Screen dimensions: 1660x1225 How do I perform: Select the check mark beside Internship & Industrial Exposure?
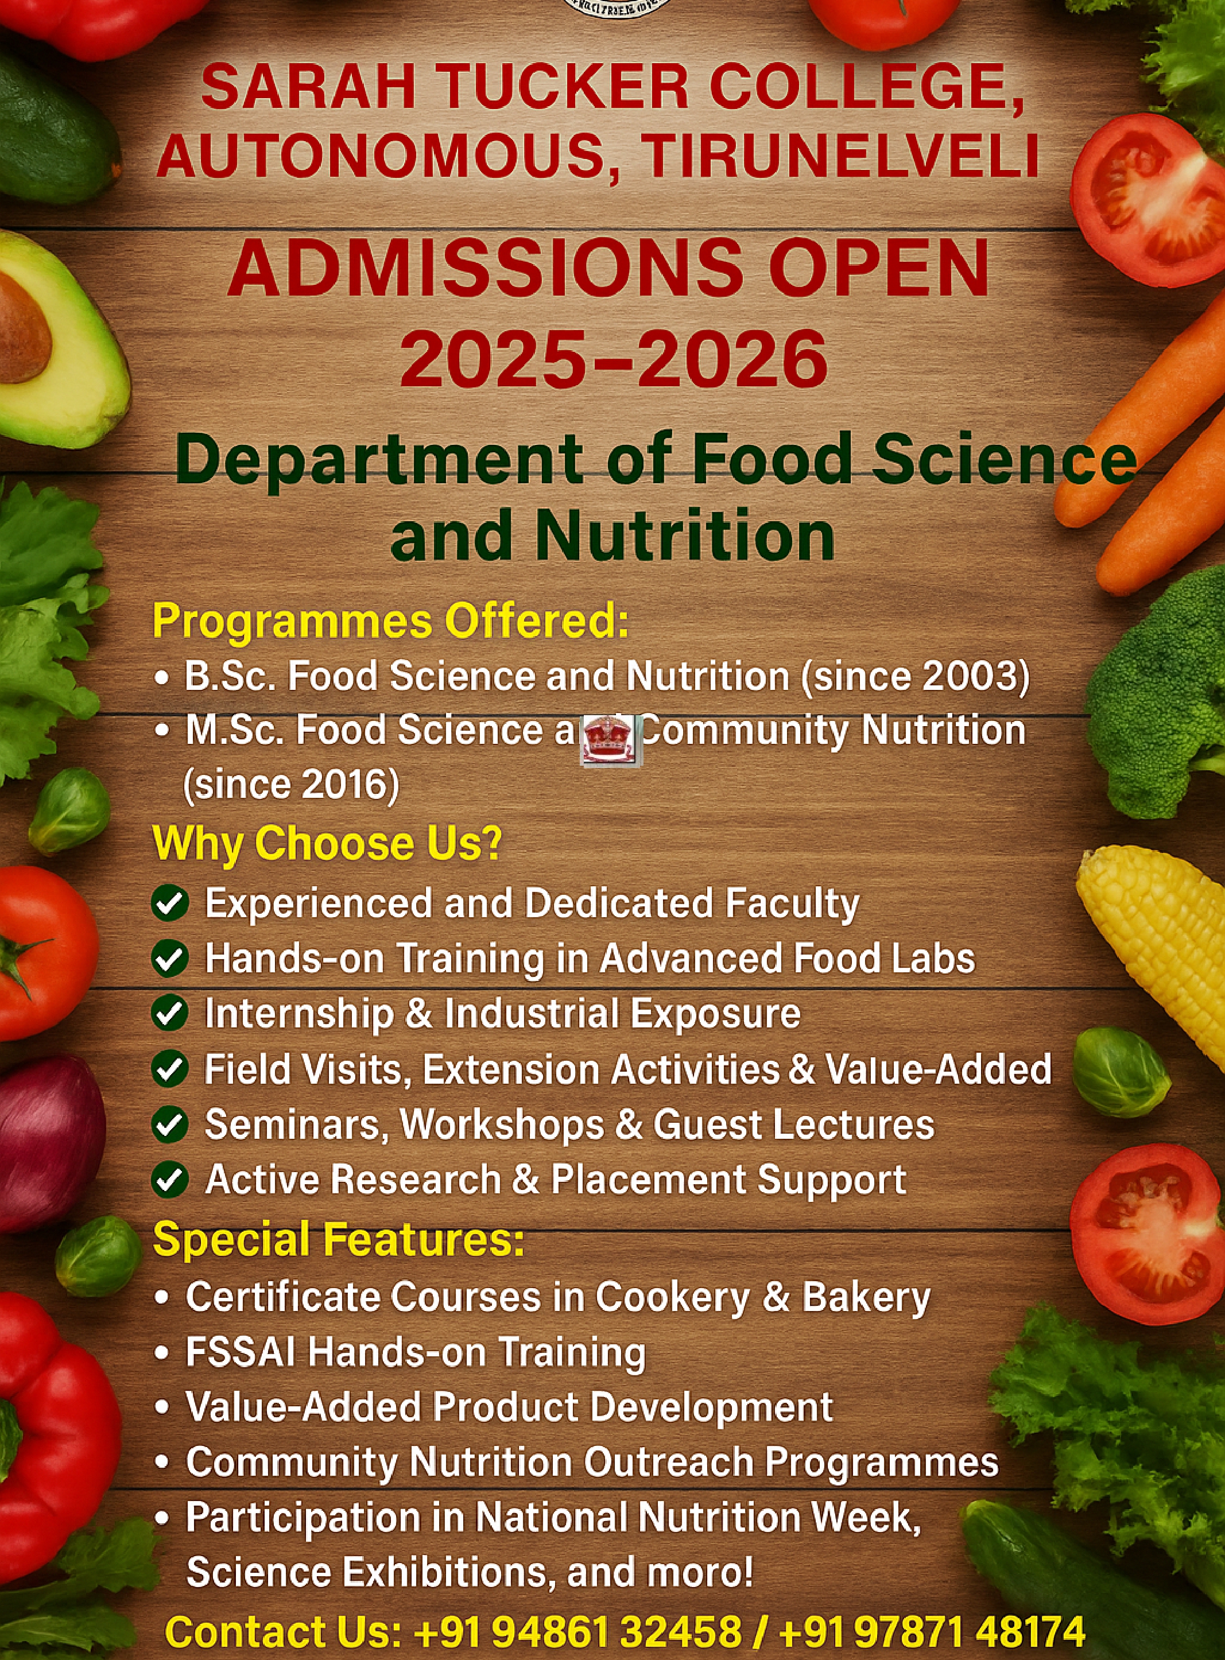click(x=170, y=1014)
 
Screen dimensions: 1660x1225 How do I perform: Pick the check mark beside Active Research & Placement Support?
click(x=170, y=1180)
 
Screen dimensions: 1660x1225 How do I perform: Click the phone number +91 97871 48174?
click(x=932, y=1631)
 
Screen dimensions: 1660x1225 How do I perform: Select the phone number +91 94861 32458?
click(x=577, y=1631)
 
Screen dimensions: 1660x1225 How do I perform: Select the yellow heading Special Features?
click(x=338, y=1239)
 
